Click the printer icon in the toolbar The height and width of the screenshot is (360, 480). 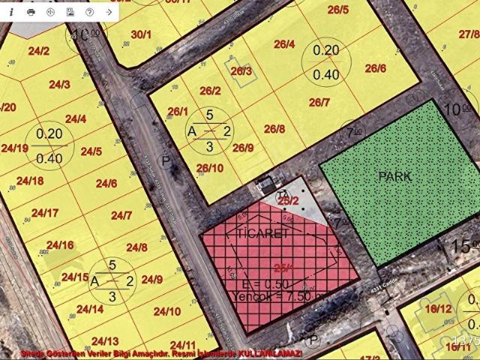31,13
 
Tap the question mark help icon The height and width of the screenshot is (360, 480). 89,13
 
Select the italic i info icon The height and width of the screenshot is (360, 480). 11,13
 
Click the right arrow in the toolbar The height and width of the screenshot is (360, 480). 109,13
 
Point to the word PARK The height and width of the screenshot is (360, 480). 394,176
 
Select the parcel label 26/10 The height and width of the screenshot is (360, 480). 210,167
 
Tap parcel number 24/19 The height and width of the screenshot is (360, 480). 15,148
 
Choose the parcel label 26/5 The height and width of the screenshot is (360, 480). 337,10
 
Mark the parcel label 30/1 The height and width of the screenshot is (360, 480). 141,34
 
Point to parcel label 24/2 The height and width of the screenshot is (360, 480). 39,51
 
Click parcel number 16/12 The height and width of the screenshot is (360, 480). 439,308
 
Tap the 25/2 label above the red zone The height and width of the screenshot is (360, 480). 288,200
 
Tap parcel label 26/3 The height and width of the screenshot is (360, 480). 241,71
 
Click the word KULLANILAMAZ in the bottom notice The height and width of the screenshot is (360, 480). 270,353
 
